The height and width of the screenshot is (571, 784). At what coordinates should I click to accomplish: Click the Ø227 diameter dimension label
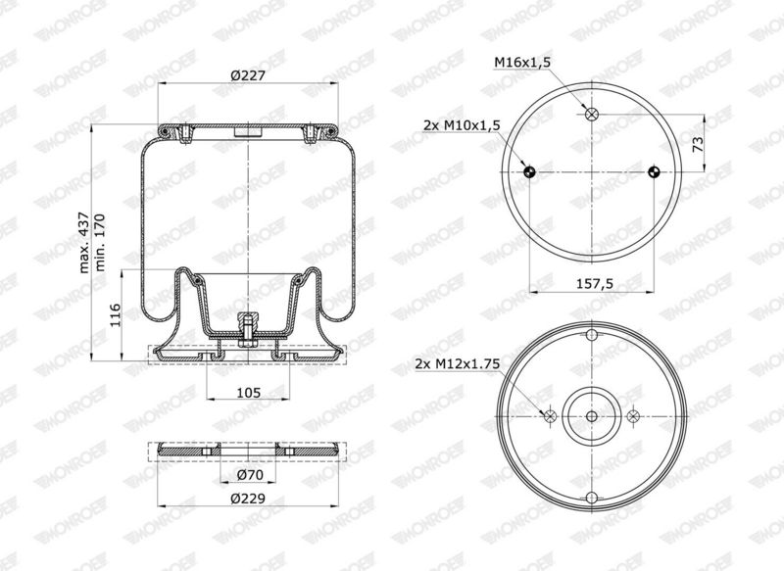(248, 76)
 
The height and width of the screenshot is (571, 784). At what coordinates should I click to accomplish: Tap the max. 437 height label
(84, 242)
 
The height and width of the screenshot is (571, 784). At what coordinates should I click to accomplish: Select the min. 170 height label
(100, 242)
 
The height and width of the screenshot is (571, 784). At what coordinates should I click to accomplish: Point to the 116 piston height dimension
(115, 314)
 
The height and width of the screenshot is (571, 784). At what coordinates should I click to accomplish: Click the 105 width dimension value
(249, 393)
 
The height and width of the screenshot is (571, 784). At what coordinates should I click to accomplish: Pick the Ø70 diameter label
(247, 475)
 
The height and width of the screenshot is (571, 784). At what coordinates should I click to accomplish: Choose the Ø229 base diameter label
(248, 499)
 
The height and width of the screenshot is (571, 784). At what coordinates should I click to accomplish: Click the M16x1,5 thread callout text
(522, 63)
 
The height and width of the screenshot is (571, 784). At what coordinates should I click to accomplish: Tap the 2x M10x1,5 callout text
(462, 125)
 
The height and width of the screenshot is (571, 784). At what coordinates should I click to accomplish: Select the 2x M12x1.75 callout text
(458, 364)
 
